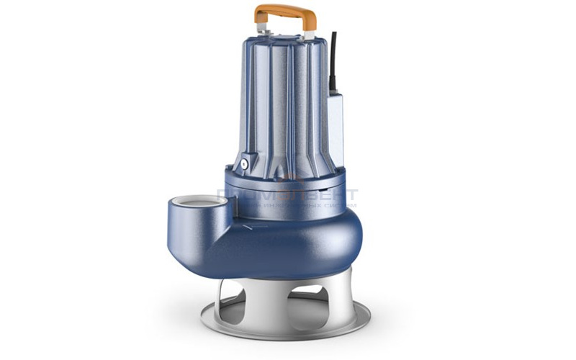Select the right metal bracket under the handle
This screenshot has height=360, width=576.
[309, 30]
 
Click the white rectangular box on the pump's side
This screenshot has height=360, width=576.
[335, 126]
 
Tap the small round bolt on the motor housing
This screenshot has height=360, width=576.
[245, 163]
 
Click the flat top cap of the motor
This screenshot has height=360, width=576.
[284, 37]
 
